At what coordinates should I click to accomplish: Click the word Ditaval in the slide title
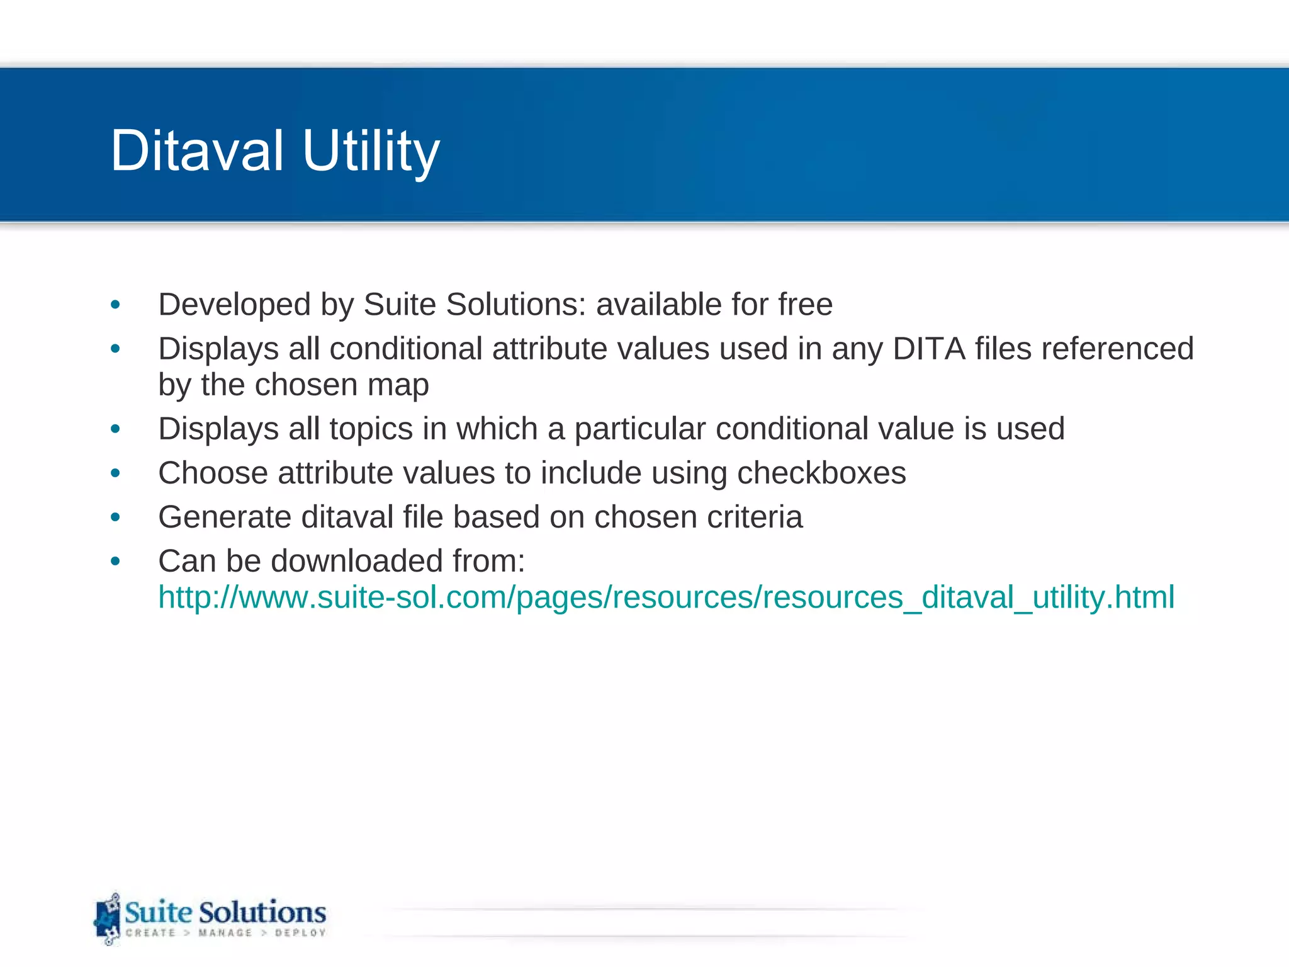click(196, 150)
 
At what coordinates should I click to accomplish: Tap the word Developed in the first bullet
click(235, 305)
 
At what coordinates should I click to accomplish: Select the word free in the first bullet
click(805, 305)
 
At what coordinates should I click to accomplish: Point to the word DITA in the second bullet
click(928, 349)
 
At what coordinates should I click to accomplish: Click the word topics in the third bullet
click(371, 429)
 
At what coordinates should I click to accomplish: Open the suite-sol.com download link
click(666, 597)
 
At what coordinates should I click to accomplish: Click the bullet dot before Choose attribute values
click(115, 473)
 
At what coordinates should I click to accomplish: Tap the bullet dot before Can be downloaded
click(115, 561)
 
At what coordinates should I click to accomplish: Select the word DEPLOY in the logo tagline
click(300, 933)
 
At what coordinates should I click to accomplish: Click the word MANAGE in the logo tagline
click(225, 933)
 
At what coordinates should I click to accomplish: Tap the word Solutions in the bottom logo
click(262, 912)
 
